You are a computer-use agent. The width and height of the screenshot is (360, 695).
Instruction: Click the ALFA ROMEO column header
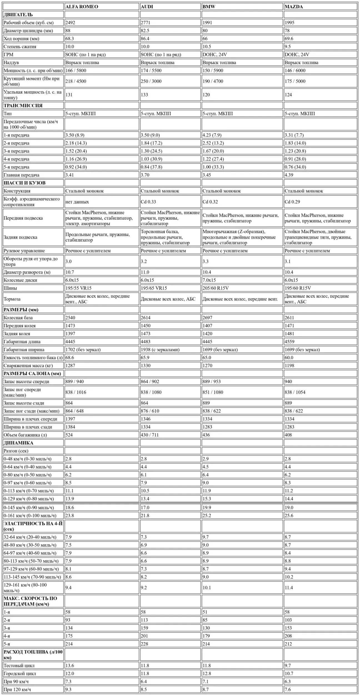(x=82, y=7)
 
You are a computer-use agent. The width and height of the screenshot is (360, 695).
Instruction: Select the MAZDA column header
(x=294, y=7)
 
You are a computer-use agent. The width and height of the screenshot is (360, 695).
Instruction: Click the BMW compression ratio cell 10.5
(x=207, y=47)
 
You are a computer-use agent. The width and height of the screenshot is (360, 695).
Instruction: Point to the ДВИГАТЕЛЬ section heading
(x=18, y=15)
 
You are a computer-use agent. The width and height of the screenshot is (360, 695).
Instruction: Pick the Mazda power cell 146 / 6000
(x=295, y=71)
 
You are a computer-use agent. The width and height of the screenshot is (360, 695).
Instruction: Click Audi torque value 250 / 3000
(x=151, y=81)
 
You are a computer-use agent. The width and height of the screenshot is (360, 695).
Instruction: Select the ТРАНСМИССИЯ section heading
(x=23, y=106)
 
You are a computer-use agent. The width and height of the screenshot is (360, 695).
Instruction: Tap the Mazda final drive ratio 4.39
(x=289, y=175)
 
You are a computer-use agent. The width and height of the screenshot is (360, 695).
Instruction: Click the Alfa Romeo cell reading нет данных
(x=77, y=202)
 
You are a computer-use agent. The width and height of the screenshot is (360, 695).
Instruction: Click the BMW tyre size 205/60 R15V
(x=216, y=288)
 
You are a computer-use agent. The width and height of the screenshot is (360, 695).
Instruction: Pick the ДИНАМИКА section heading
(x=18, y=443)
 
